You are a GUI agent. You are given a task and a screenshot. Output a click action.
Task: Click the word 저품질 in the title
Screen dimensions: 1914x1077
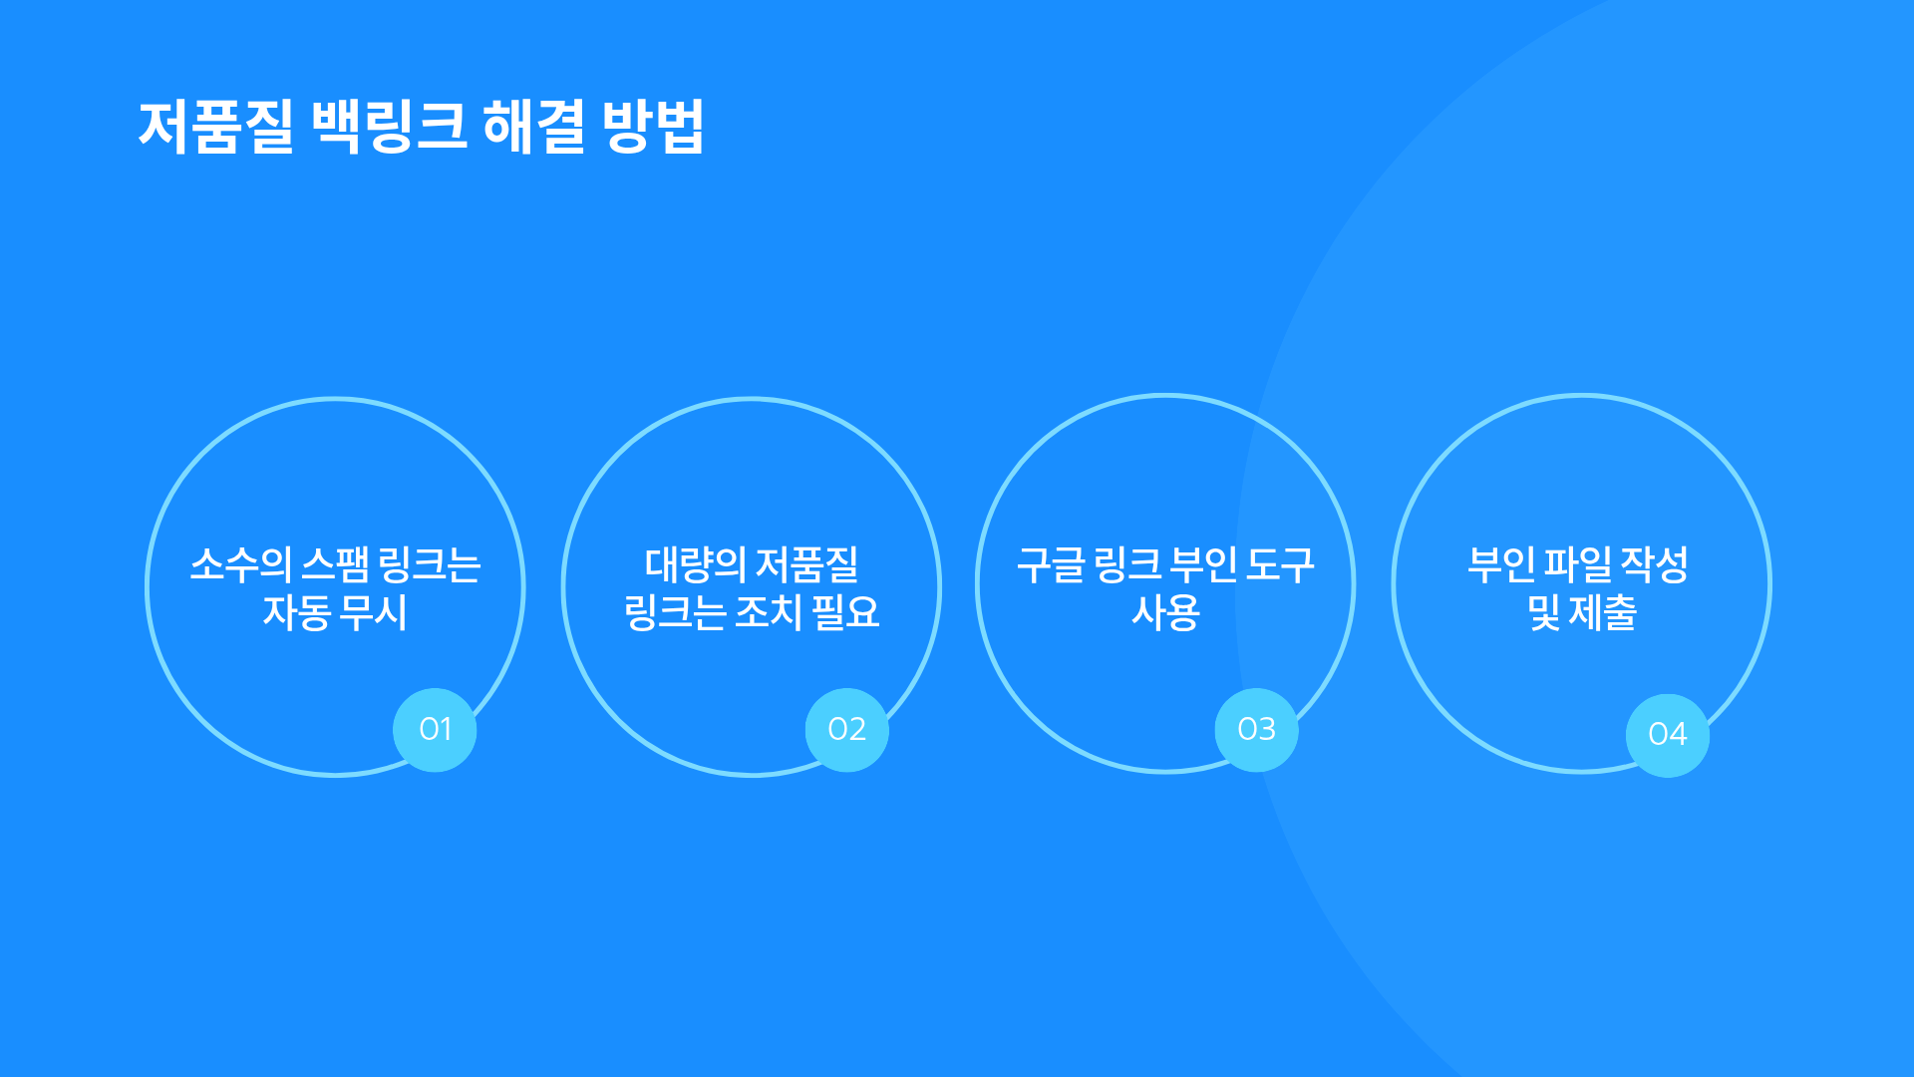pos(216,127)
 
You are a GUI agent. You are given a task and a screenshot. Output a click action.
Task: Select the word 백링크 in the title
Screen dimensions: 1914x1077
pos(390,127)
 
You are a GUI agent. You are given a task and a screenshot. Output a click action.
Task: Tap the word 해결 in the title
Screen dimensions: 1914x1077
pos(534,127)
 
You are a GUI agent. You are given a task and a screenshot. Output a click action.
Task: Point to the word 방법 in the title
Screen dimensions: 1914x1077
pos(654,127)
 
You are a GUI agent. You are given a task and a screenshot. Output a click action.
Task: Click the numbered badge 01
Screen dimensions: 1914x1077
pos(435,730)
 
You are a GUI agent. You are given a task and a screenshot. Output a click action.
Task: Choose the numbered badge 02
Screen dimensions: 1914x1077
pos(846,730)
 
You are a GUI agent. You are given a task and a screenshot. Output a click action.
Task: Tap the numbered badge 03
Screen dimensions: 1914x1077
pos(1256,730)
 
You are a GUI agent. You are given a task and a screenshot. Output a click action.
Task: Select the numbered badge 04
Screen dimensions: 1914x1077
pos(1668,735)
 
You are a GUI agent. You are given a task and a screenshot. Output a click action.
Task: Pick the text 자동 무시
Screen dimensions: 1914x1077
pos(335,612)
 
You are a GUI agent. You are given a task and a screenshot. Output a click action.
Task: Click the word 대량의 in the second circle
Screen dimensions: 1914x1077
pos(695,564)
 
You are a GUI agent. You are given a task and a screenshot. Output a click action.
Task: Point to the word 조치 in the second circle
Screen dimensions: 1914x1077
pos(769,612)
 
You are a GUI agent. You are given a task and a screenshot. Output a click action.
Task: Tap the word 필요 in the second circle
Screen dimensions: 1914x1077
pos(846,612)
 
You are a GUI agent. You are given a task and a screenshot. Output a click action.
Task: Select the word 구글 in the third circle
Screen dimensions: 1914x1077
pos(1051,564)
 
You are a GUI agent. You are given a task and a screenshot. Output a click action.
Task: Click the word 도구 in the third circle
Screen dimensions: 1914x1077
pos(1281,564)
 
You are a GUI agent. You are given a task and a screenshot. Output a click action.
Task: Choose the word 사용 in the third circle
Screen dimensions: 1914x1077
pos(1165,612)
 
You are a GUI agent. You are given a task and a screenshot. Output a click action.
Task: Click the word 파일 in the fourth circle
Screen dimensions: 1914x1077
pos(1578,564)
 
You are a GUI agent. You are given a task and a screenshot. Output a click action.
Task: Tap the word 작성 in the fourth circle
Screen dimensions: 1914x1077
pos(1655,564)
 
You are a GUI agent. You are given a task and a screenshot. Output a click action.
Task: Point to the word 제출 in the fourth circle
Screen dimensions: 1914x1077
pos(1603,612)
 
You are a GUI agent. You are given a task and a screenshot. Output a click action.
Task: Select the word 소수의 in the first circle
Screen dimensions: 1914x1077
pos(241,564)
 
